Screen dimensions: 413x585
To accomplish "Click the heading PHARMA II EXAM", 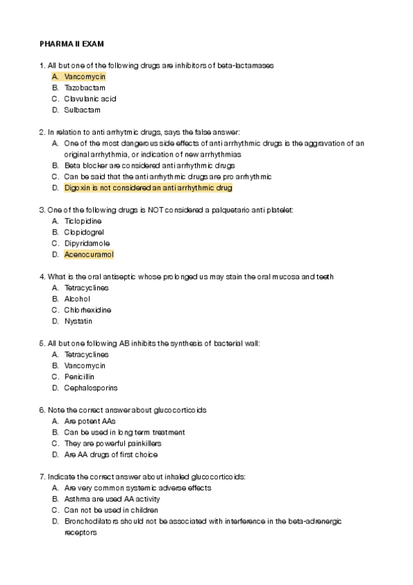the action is click(72, 43).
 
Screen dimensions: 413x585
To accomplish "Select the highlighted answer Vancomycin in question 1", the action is click(85, 77).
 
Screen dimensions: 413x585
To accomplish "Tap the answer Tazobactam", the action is click(85, 88).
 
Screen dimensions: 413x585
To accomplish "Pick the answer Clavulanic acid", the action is click(90, 99).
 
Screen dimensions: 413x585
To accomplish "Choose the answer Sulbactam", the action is click(82, 110).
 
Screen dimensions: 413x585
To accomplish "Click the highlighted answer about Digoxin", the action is click(148, 188).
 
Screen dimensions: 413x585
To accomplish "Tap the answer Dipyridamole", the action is click(87, 244).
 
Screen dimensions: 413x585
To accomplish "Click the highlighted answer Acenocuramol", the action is click(88, 255).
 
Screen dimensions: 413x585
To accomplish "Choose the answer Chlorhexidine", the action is click(88, 310).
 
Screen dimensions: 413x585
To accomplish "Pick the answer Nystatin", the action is click(78, 321).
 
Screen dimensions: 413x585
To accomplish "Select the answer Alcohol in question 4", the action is click(77, 299).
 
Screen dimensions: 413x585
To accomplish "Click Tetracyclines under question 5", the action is click(86, 355).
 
